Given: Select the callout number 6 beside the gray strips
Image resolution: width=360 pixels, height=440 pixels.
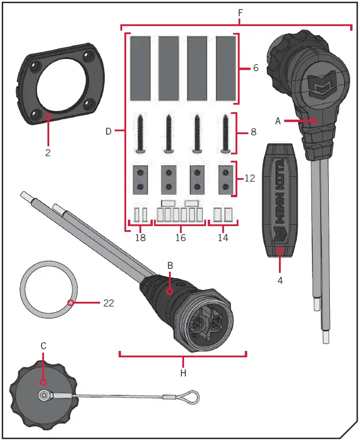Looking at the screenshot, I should click(x=255, y=68).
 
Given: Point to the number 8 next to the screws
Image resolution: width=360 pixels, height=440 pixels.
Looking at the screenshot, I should click(x=252, y=132).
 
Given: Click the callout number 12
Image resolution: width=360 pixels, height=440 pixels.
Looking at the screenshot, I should click(x=249, y=179).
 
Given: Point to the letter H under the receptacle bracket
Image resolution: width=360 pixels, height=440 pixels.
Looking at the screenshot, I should click(x=183, y=374).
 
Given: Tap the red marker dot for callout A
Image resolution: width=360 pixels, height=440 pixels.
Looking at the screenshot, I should click(x=313, y=121).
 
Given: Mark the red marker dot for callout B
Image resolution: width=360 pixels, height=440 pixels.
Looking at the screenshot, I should click(x=170, y=291).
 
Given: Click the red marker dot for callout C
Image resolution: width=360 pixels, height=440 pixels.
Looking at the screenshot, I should click(x=43, y=383).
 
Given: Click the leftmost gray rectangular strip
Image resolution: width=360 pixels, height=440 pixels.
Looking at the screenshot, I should click(x=141, y=68).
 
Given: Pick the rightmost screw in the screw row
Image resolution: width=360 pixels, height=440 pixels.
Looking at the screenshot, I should click(x=225, y=133).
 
